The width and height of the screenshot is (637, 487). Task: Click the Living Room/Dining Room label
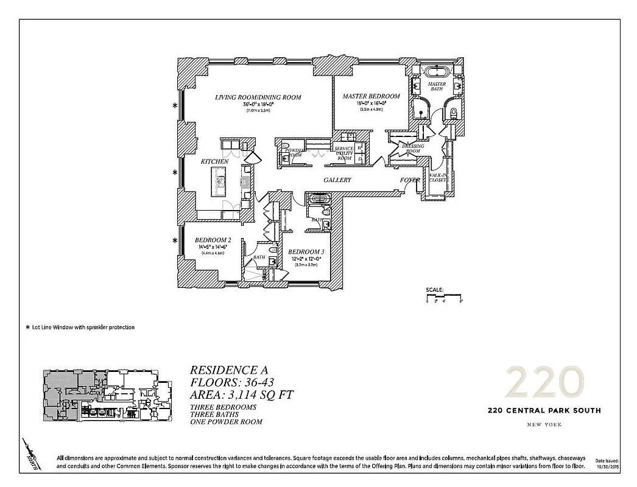(258, 97)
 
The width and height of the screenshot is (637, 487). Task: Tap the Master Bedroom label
(371, 96)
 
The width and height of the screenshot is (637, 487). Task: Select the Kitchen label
(215, 161)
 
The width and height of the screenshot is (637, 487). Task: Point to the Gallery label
(337, 180)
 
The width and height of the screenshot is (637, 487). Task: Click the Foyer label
(410, 180)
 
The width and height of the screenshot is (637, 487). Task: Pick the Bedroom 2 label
(213, 240)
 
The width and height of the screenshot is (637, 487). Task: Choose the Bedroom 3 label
(306, 252)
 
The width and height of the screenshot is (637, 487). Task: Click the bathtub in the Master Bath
(437, 69)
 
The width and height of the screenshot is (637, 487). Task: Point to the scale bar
(444, 298)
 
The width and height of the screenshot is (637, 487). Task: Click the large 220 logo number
(544, 382)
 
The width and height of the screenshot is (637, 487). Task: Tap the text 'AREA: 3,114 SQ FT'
(242, 394)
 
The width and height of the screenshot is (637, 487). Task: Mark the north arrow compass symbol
(34, 453)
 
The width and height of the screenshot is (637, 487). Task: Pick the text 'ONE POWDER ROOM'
(226, 422)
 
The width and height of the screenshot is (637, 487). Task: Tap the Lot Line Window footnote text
(80, 328)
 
